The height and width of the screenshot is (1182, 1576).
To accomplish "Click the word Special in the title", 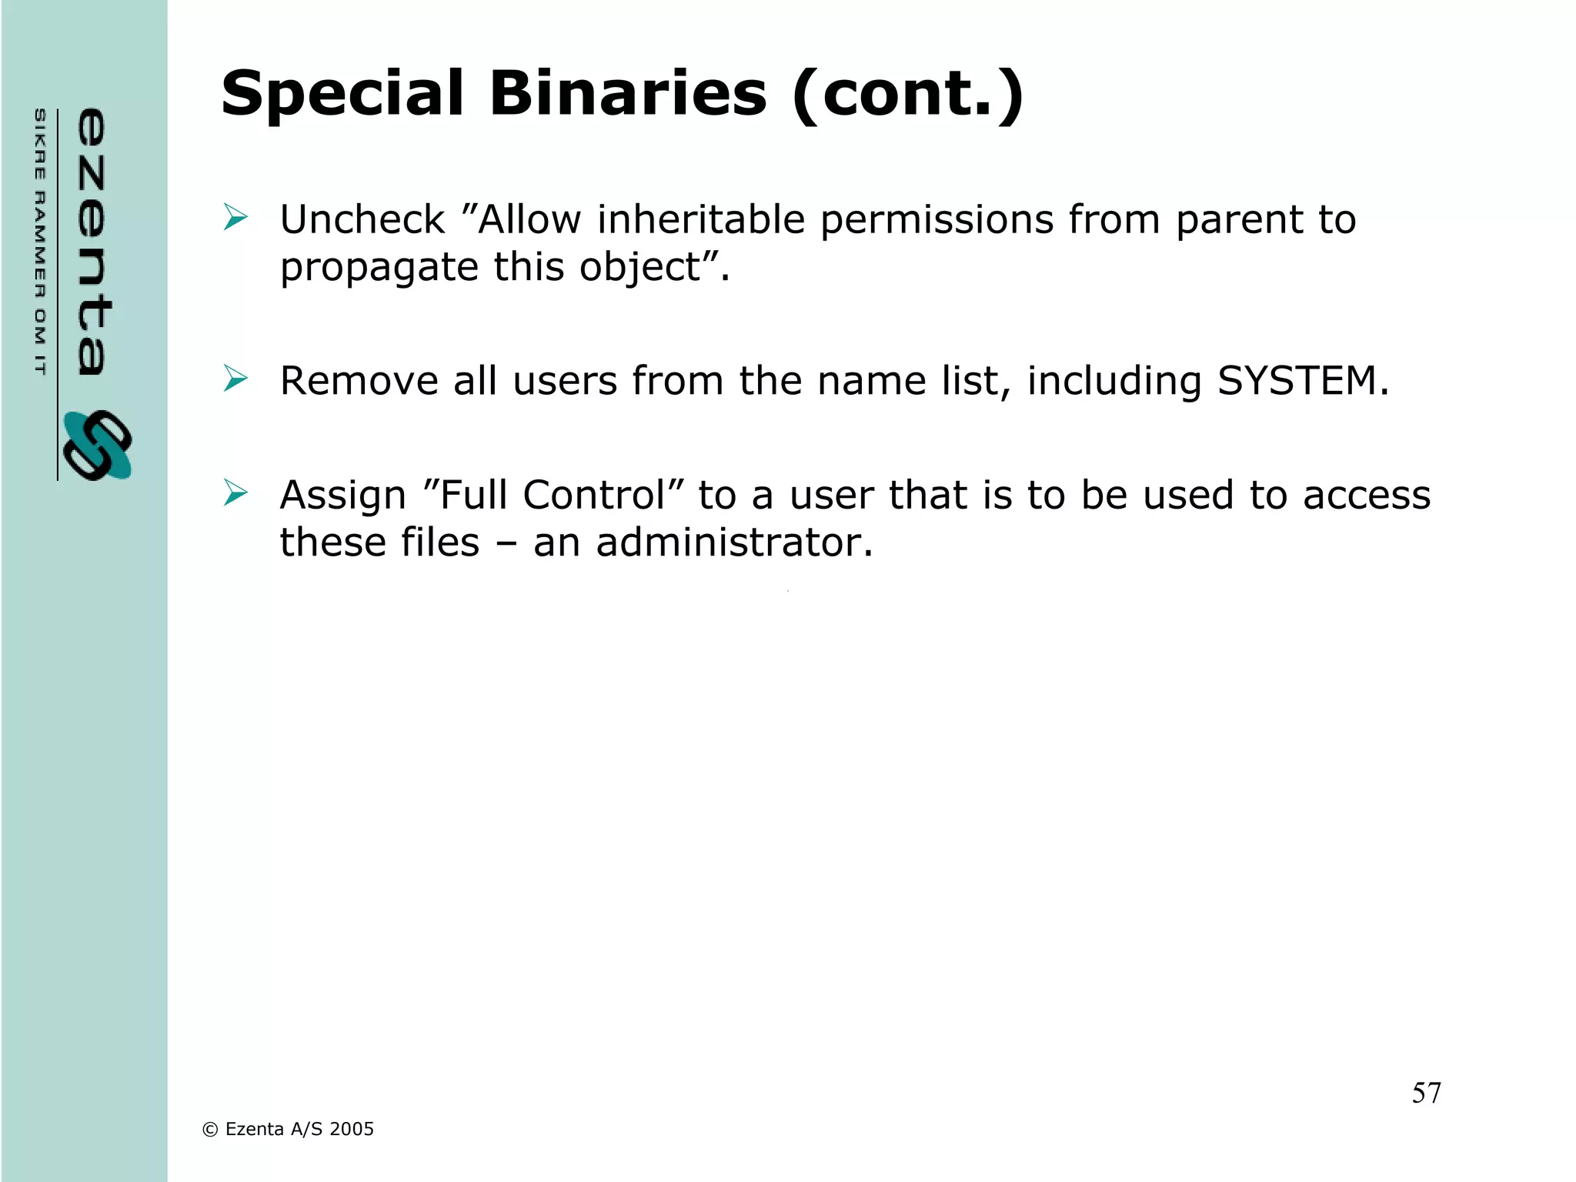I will [x=342, y=94].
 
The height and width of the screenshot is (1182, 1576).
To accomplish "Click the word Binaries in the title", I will [x=628, y=94].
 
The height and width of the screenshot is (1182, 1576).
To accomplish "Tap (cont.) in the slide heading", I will [x=908, y=94].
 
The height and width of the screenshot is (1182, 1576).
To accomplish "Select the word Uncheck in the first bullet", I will [x=362, y=220].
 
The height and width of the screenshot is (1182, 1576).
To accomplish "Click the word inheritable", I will [x=701, y=220].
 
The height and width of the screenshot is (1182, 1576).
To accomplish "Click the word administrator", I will [x=734, y=543].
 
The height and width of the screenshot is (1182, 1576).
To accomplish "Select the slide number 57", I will [x=1426, y=1093].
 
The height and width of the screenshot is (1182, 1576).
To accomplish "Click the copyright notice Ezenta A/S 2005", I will [x=288, y=1129].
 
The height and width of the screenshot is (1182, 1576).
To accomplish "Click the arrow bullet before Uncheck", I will [x=235, y=217].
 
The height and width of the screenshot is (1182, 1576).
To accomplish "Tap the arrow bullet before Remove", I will [x=235, y=379].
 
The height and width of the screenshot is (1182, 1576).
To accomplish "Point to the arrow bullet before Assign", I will [x=235, y=492].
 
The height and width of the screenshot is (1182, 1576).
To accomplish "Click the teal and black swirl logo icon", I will [x=98, y=446].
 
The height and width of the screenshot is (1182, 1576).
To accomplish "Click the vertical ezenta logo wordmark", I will [x=92, y=242].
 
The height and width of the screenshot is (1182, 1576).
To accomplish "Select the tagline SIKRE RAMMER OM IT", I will [x=40, y=242].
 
